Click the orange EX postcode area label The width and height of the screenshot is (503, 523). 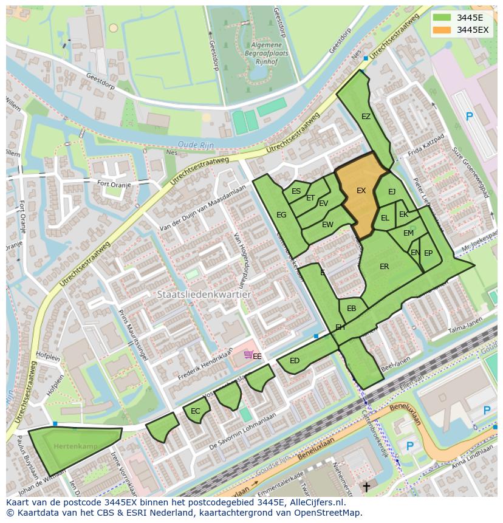[x=361, y=191]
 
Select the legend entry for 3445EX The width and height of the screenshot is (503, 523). [x=473, y=30]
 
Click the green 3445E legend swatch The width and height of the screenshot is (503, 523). [x=442, y=18]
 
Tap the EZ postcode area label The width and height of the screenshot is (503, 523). [x=366, y=117]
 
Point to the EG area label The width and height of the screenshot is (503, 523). [x=281, y=215]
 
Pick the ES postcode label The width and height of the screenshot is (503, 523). [x=296, y=191]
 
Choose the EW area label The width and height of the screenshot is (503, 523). [x=327, y=225]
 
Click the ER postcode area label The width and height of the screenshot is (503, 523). [x=384, y=267]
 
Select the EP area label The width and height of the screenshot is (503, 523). [x=428, y=253]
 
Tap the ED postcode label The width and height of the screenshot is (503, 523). [x=295, y=361]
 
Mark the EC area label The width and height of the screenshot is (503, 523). [x=195, y=411]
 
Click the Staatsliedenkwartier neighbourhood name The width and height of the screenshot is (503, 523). [x=204, y=294]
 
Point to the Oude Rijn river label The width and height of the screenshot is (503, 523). [x=192, y=144]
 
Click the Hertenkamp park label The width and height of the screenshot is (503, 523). [x=67, y=446]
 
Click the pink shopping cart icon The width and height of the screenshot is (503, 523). [x=248, y=354]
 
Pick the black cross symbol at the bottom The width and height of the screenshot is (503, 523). [x=366, y=487]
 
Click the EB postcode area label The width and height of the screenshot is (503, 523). [x=351, y=309]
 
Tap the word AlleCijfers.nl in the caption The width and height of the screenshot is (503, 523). [x=315, y=502]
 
